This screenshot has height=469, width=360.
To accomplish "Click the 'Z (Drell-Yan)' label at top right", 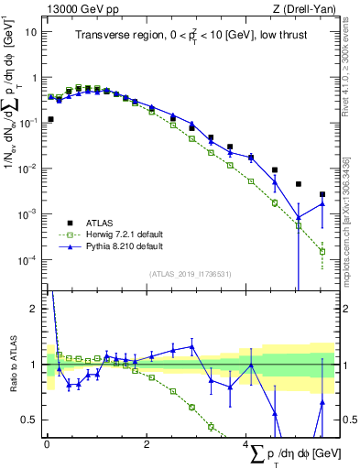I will (x=304, y=8).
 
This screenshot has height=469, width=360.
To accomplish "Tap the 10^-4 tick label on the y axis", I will (x=30, y=260).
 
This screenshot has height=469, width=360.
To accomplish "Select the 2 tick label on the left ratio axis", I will (x=36, y=309).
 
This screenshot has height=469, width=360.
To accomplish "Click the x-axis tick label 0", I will (x=47, y=443).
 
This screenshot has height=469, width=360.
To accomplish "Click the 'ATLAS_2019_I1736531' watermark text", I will (x=191, y=273).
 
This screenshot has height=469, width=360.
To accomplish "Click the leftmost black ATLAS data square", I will (x=50, y=119).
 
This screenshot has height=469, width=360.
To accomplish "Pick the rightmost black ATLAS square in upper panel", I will (x=322, y=194).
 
